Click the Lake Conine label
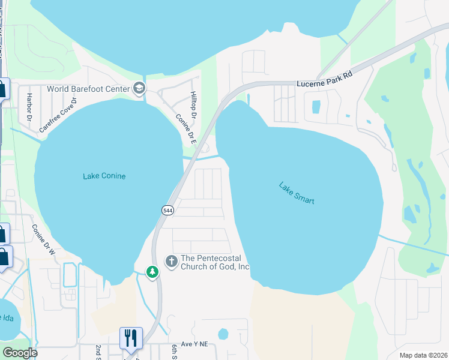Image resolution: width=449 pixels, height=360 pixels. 104,176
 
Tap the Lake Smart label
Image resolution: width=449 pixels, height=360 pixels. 297,193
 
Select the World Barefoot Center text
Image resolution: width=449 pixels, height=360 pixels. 88,89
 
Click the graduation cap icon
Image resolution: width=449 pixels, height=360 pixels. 139,89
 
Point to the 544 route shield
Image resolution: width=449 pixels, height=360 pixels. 167,209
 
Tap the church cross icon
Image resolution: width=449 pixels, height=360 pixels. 171,261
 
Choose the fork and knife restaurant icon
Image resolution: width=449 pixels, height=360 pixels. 131,338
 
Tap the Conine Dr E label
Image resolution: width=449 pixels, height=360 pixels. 185,129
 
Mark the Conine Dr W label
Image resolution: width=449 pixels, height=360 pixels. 43,239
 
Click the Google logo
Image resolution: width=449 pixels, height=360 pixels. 20,353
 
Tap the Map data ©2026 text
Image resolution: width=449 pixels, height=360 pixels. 423,355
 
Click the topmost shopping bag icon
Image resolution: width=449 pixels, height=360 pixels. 2,89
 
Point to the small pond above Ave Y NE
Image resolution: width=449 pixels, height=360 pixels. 223,333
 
